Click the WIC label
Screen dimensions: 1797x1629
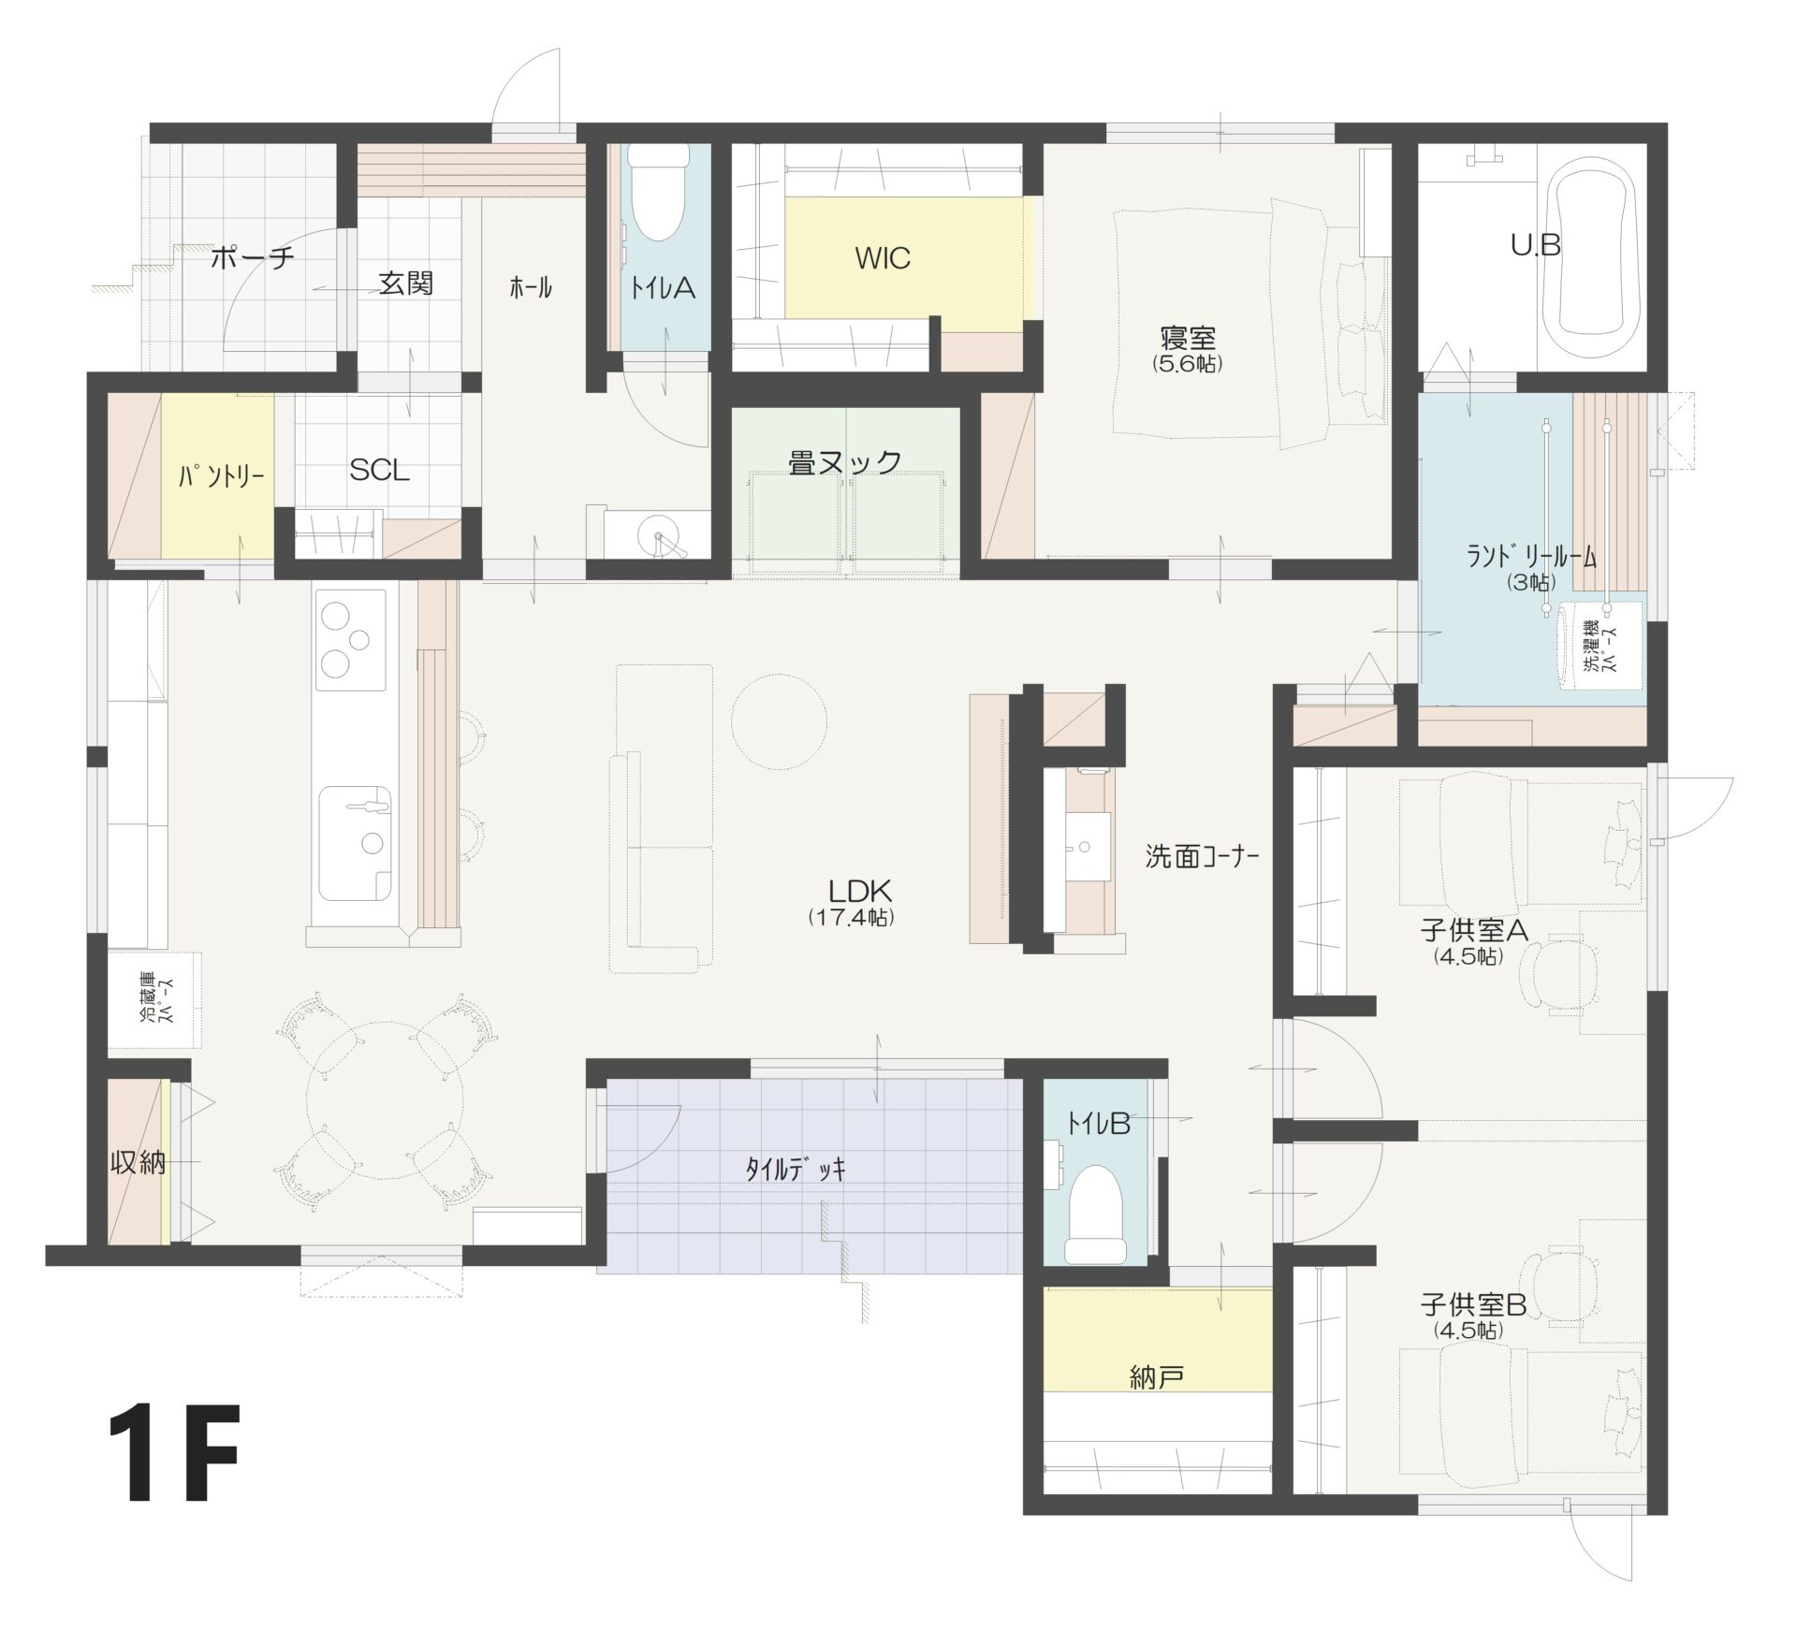pyautogui.click(x=882, y=258)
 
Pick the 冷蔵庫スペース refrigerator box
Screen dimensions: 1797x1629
pyautogui.click(x=154, y=1000)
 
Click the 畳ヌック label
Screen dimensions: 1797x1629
pyautogui.click(x=845, y=462)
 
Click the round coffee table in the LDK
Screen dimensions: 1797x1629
pyautogui.click(x=778, y=721)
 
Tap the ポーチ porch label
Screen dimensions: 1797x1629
pyautogui.click(x=253, y=257)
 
